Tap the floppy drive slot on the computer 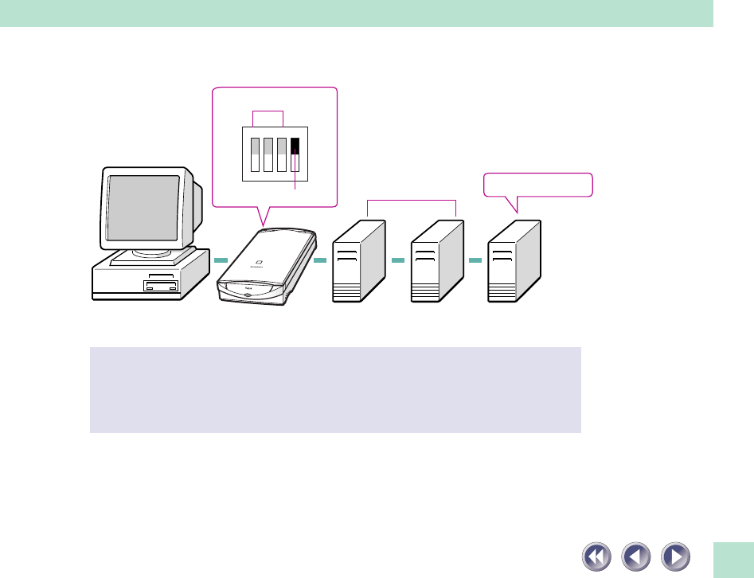pos(161,285)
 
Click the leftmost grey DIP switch pos(256,154)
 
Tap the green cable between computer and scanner pos(221,260)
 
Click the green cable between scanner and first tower pos(321,260)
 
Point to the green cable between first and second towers pos(399,260)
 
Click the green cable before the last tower pos(476,260)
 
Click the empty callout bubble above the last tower pos(538,185)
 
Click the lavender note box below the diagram pos(335,389)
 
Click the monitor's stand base pos(152,257)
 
